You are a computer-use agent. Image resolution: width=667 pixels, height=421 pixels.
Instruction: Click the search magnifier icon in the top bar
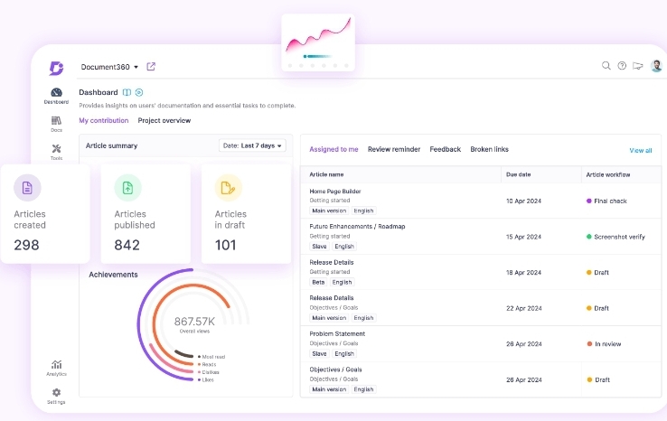(606, 66)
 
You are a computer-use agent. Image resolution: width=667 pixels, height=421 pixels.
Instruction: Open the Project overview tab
(164, 120)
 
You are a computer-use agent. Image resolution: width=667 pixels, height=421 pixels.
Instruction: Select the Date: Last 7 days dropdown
(252, 145)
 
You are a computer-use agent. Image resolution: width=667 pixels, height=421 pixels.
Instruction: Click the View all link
(640, 150)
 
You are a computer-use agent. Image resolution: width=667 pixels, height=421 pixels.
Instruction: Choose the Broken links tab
(489, 149)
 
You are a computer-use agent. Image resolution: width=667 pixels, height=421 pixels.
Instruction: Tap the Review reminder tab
(394, 149)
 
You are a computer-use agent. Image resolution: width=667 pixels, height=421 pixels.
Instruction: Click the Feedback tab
(445, 149)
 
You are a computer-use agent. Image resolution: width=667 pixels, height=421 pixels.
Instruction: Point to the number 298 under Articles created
(27, 245)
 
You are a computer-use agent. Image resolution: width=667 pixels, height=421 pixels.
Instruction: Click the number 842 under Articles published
(127, 245)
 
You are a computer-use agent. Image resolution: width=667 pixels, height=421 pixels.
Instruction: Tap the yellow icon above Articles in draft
(228, 188)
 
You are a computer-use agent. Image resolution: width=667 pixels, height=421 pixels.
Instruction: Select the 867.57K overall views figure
(194, 322)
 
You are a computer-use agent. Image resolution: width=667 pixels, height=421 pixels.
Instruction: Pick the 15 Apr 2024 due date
(522, 237)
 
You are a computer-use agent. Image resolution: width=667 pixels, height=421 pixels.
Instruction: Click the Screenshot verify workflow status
(618, 237)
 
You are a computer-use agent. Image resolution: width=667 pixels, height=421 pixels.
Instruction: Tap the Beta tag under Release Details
(317, 282)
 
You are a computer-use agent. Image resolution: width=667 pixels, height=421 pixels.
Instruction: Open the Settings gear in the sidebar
(56, 393)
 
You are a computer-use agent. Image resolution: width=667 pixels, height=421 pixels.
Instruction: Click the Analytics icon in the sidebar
(56, 364)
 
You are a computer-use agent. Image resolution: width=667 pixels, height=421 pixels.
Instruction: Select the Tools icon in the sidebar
(56, 149)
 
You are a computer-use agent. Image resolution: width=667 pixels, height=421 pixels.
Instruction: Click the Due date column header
(518, 174)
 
